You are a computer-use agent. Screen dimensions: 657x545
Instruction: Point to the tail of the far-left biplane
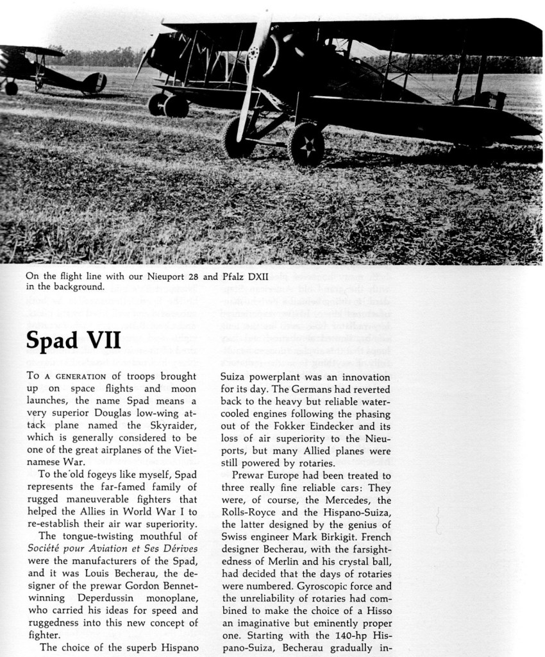[x=94, y=83]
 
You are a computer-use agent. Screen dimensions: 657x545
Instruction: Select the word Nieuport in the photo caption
[x=168, y=277]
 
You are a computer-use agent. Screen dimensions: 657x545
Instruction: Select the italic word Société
[x=48, y=550]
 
